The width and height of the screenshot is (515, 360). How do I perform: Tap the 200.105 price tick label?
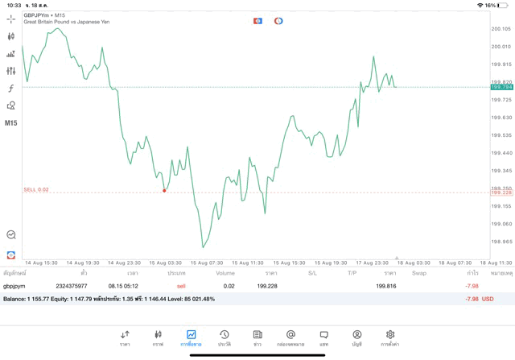point(501,28)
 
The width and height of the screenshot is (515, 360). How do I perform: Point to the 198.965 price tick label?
point(501,241)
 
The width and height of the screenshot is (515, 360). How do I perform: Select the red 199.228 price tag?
point(501,192)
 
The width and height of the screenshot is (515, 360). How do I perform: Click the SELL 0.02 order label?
point(36,189)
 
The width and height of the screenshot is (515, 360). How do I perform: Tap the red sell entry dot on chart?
point(164,190)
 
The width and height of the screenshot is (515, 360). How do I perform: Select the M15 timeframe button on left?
point(10,123)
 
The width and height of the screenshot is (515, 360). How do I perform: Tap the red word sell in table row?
point(181,286)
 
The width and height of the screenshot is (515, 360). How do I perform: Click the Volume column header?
point(225,273)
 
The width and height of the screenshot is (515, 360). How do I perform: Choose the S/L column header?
point(312,273)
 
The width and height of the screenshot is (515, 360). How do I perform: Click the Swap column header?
point(418,273)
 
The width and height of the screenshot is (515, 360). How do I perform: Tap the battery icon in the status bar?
point(505,5)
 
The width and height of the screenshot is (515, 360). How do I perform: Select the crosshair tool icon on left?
point(10,18)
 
